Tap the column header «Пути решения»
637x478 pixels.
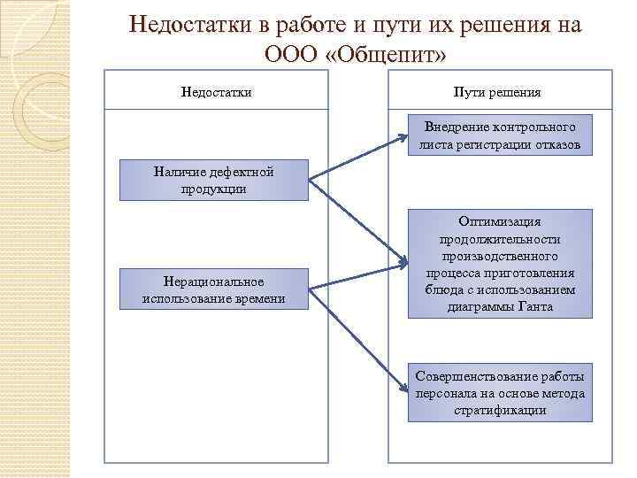point(496,91)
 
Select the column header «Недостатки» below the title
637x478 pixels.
point(217,91)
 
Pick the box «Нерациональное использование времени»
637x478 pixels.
point(213,289)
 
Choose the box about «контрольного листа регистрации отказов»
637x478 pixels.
point(500,135)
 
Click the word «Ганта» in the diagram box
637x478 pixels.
point(535,306)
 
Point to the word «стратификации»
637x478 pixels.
point(500,410)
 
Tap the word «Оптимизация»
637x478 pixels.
point(500,221)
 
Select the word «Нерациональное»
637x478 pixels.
point(213,281)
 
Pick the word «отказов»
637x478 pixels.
point(556,144)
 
